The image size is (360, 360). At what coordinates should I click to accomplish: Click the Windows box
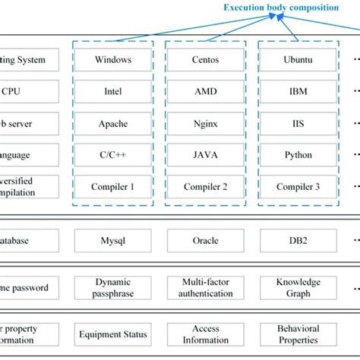pyautogui.click(x=113, y=59)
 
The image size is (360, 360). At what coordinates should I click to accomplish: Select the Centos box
pyautogui.click(x=206, y=59)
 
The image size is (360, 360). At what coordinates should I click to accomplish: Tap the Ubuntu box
pyautogui.click(x=298, y=59)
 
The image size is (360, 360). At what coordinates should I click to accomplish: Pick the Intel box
pyautogui.click(x=113, y=91)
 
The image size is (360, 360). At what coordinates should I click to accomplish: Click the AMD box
pyautogui.click(x=206, y=91)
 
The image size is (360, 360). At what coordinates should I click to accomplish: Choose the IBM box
pyautogui.click(x=298, y=91)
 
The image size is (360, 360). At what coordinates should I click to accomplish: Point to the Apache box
pyautogui.click(x=113, y=123)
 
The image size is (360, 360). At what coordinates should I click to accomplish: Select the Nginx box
pyautogui.click(x=206, y=123)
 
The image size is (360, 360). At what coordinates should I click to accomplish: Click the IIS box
pyautogui.click(x=298, y=123)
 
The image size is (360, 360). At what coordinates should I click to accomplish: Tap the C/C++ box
pyautogui.click(x=113, y=155)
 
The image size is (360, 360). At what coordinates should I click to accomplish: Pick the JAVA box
pyautogui.click(x=206, y=155)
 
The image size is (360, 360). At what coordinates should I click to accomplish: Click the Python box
pyautogui.click(x=298, y=155)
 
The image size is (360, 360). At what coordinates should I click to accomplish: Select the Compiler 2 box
pyautogui.click(x=206, y=186)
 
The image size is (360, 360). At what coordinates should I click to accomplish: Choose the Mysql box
pyautogui.click(x=113, y=240)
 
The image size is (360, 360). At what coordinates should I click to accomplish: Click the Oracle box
pyautogui.click(x=206, y=240)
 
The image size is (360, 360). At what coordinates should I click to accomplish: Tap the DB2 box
pyautogui.click(x=298, y=240)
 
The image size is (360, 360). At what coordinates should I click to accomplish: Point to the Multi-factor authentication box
pyautogui.click(x=206, y=288)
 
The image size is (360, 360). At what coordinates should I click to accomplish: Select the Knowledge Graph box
pyautogui.click(x=298, y=288)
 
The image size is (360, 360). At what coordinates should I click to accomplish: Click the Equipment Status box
pyautogui.click(x=113, y=334)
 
